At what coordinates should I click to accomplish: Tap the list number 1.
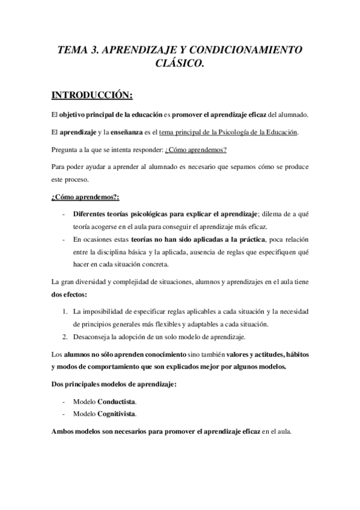point(65,312)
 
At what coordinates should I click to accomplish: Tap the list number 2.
point(65,336)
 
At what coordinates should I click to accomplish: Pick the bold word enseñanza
point(112,132)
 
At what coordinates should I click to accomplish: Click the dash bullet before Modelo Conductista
point(64,401)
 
